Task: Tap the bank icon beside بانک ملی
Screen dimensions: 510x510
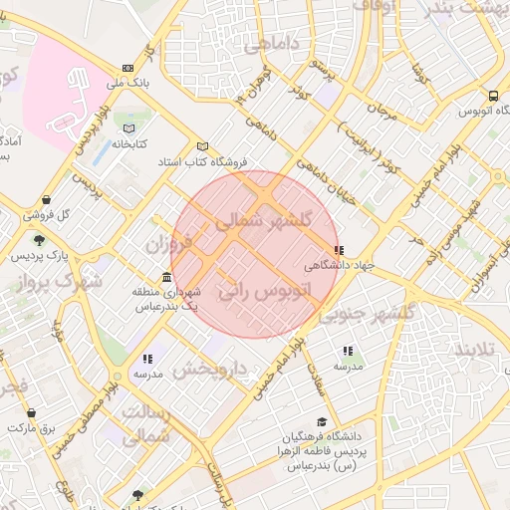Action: (127, 68)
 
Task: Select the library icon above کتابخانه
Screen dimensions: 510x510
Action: (127, 129)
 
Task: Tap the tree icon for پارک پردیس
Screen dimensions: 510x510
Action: (39, 240)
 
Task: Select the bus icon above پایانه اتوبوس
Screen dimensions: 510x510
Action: (493, 97)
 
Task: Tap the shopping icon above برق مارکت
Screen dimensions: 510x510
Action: (31, 412)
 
